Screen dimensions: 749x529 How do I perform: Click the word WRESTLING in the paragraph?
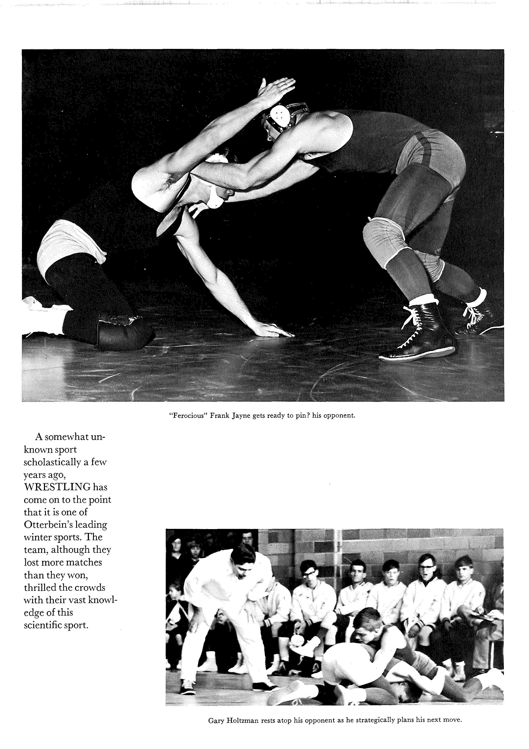57,487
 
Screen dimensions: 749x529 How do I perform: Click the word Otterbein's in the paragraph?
48,525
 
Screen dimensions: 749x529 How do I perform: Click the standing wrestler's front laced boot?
420,333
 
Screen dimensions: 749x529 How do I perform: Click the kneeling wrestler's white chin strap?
215,199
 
